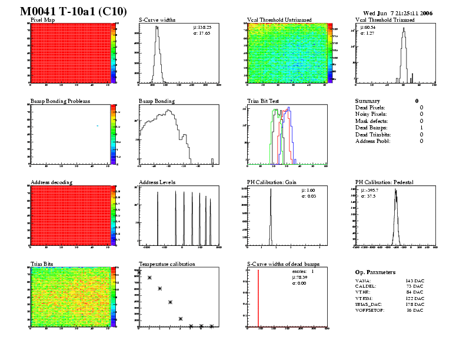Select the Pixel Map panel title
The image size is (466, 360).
point(43,19)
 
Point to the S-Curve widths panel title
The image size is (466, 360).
point(159,19)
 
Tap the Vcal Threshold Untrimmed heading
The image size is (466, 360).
point(279,19)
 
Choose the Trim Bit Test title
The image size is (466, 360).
point(266,101)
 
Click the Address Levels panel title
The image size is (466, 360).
point(157,182)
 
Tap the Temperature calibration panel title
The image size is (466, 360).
point(167,264)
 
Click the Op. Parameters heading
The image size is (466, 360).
point(375,272)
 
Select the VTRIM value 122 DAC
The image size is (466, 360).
point(415,298)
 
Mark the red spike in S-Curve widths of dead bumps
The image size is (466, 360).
point(258,297)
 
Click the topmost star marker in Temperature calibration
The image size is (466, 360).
point(149,278)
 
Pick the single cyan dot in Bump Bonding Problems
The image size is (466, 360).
point(97,125)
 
